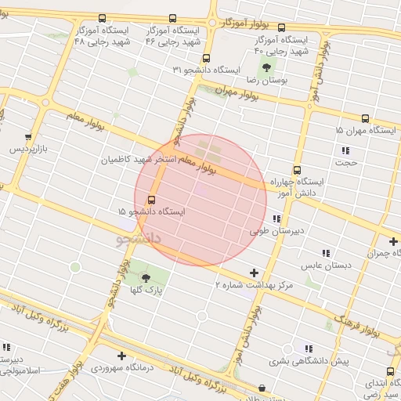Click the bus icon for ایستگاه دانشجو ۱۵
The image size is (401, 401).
(151, 200)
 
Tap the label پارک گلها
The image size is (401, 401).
(146, 291)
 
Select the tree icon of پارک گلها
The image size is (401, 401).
(146, 277)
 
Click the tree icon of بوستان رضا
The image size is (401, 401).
(267, 67)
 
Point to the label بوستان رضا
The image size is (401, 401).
(268, 80)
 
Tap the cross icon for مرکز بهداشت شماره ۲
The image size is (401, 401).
(253, 273)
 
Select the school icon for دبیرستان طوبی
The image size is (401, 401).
(276, 219)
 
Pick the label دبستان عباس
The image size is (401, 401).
(325, 266)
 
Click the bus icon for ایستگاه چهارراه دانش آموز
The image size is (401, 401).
(297, 170)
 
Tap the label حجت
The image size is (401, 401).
(345, 163)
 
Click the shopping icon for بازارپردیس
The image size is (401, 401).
(29, 135)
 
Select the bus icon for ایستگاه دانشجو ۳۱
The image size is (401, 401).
(206, 58)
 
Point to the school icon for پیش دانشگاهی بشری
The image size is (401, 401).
(309, 349)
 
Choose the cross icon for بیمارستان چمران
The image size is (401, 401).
(393, 241)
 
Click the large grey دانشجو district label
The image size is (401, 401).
(138, 237)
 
